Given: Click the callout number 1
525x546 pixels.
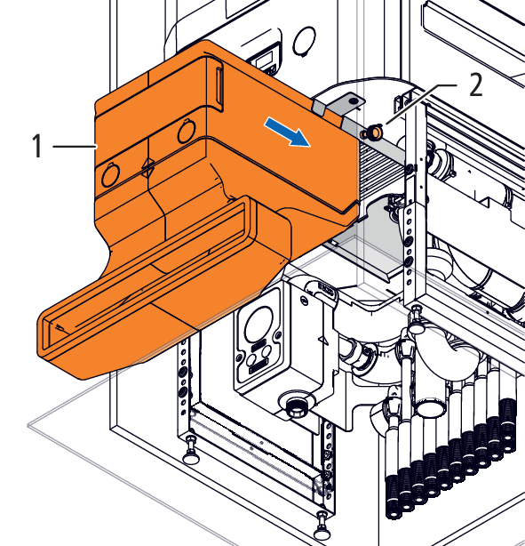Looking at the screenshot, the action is (x=37, y=146).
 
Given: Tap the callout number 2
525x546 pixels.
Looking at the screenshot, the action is (x=475, y=85).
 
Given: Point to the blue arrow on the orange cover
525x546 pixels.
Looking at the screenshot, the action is (x=287, y=132).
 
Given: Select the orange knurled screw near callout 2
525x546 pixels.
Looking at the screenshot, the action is (x=370, y=131).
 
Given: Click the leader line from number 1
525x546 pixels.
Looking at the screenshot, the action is (x=75, y=147).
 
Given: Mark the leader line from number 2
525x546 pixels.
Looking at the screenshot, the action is (x=421, y=104).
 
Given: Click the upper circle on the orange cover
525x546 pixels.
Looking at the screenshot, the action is (x=187, y=131).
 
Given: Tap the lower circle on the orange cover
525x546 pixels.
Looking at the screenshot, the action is (x=111, y=175).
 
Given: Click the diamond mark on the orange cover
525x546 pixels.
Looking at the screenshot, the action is (x=147, y=168).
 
